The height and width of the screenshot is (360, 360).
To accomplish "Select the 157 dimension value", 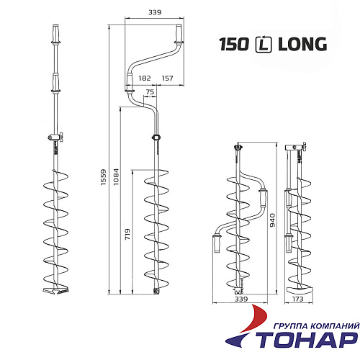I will click(x=168, y=77).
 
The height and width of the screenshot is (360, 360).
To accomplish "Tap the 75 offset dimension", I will click(x=150, y=91).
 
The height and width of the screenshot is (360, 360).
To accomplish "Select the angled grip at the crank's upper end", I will click(x=176, y=34).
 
